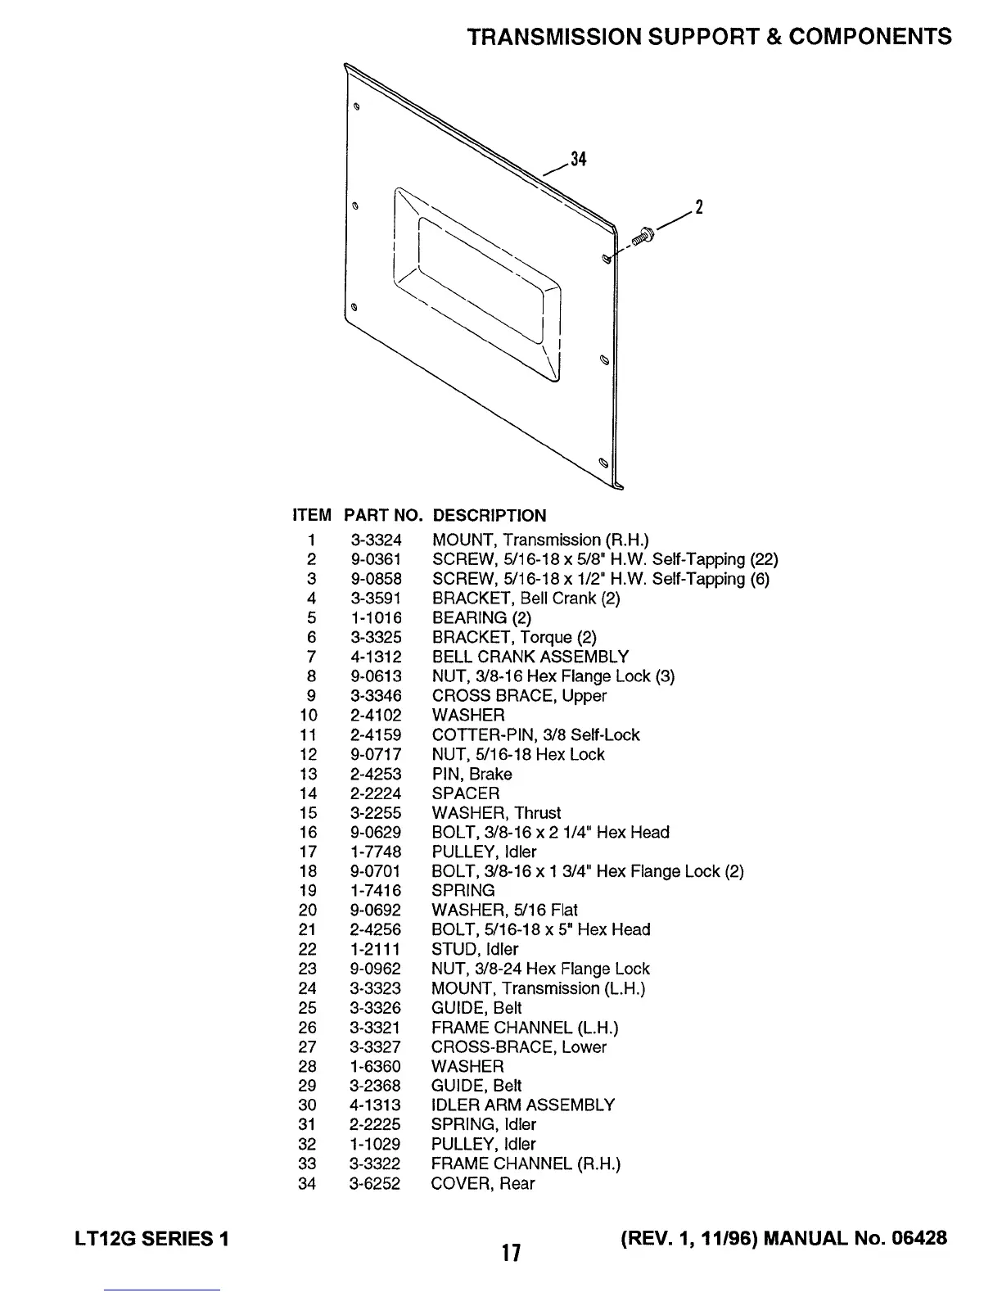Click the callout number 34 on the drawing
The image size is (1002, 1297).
[x=579, y=159]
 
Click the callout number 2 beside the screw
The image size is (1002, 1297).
[x=698, y=207]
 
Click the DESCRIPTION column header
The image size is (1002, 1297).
[x=489, y=516]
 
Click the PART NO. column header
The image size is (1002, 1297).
[x=383, y=516]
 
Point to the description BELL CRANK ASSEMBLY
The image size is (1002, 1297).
[x=530, y=657]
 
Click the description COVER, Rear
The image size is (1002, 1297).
[x=483, y=1183]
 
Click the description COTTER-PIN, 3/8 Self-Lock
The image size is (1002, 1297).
[x=535, y=735]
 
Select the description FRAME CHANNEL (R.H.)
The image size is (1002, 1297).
[x=526, y=1164]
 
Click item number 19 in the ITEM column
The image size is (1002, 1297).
[x=307, y=891]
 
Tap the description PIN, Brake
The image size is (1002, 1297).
[x=472, y=774]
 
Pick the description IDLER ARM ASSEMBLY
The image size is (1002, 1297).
[x=522, y=1105]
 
